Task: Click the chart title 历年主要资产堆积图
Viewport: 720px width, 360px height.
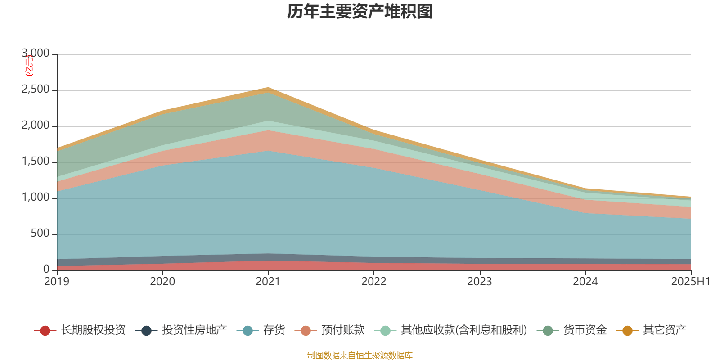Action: (x=360, y=12)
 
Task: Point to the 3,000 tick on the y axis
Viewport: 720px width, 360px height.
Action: (x=36, y=54)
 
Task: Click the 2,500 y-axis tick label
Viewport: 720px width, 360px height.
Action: (x=36, y=90)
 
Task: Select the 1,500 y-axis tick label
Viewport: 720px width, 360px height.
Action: (x=36, y=162)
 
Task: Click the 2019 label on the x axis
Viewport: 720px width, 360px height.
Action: (x=57, y=282)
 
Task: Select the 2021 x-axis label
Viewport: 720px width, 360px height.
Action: (x=268, y=282)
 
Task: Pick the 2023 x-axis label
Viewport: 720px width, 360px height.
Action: (x=480, y=282)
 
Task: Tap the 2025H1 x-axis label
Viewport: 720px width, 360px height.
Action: (x=690, y=282)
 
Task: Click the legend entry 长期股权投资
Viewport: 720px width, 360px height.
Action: (x=93, y=331)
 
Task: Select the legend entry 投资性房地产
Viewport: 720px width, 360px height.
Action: (x=194, y=331)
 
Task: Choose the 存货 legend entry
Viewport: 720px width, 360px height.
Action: (x=274, y=331)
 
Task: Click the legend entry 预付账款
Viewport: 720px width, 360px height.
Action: (x=342, y=331)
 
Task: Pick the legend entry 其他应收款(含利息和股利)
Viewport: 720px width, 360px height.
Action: (x=463, y=331)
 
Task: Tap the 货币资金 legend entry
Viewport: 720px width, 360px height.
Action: (x=585, y=331)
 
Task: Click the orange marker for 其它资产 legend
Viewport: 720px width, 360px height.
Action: (x=627, y=331)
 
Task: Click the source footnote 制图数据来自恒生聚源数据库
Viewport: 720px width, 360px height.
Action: (x=360, y=355)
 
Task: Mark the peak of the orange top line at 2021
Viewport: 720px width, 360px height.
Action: (x=268, y=89)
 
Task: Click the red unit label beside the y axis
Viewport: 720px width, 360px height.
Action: (x=29, y=66)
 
